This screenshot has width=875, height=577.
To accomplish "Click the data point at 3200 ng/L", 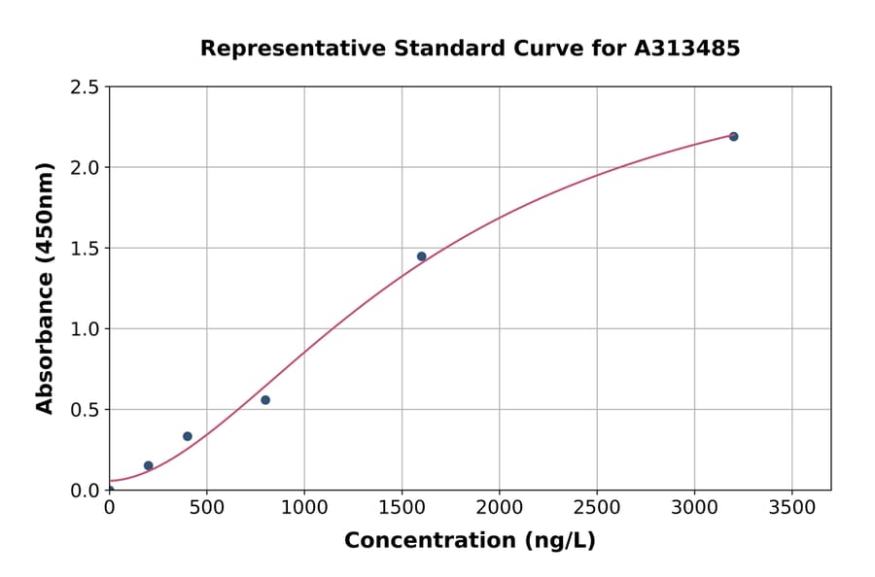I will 733,137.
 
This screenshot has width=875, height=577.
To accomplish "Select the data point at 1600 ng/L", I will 421,256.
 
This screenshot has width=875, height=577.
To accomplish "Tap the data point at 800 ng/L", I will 265,400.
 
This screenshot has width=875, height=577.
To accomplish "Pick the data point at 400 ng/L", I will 188,436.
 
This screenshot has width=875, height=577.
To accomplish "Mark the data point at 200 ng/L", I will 149,465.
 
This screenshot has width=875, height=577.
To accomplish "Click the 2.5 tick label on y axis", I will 85,87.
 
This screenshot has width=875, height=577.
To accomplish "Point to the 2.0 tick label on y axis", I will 85,168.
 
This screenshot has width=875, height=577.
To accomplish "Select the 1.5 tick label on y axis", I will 85,249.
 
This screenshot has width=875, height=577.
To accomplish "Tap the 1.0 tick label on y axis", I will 85,329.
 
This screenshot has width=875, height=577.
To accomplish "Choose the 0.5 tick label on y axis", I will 85,410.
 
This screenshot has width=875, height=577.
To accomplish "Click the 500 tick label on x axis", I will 206,507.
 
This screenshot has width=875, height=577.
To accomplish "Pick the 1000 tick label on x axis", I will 304,507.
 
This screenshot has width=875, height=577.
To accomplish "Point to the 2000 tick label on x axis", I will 500,507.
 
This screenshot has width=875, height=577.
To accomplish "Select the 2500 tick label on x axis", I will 597,507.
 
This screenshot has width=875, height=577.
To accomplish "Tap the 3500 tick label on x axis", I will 792,507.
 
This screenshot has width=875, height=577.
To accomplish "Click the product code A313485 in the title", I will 686,49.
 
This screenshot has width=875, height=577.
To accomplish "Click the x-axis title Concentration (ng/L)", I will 470,541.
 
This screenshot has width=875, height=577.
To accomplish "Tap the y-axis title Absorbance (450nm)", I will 45,288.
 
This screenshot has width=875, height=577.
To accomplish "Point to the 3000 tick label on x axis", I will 694,507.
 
